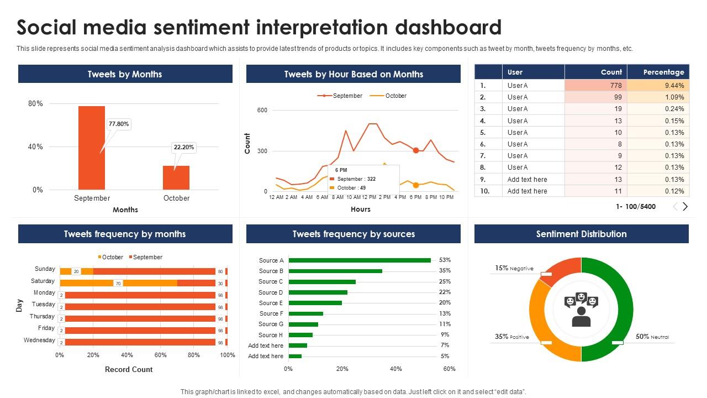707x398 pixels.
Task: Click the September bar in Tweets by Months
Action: click(92, 148)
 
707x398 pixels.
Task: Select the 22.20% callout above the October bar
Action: click(183, 148)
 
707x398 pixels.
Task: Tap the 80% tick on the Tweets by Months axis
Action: click(35, 104)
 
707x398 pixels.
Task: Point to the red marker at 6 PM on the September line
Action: click(416, 150)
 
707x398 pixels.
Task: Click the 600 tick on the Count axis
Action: click(262, 110)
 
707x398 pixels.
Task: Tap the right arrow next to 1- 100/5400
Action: click(685, 206)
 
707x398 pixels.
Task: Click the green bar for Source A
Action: click(360, 260)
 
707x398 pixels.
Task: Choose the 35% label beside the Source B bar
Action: click(445, 271)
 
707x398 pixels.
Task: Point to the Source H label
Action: click(271, 335)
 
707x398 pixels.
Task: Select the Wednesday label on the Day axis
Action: click(39, 341)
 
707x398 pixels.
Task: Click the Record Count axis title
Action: click(129, 369)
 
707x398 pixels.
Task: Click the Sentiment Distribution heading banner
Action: click(581, 234)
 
